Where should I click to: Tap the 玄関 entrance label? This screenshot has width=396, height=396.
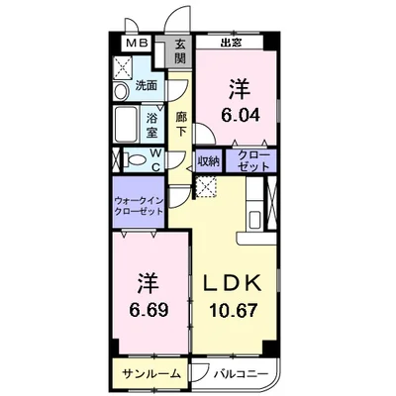click(x=181, y=50)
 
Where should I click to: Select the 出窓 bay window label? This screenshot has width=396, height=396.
click(x=232, y=43)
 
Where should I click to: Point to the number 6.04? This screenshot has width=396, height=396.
click(x=238, y=114)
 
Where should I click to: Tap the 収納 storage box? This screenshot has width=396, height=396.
click(x=208, y=159)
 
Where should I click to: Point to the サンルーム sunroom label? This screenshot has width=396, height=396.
click(x=151, y=374)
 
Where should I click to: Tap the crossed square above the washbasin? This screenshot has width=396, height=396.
click(x=125, y=66)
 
